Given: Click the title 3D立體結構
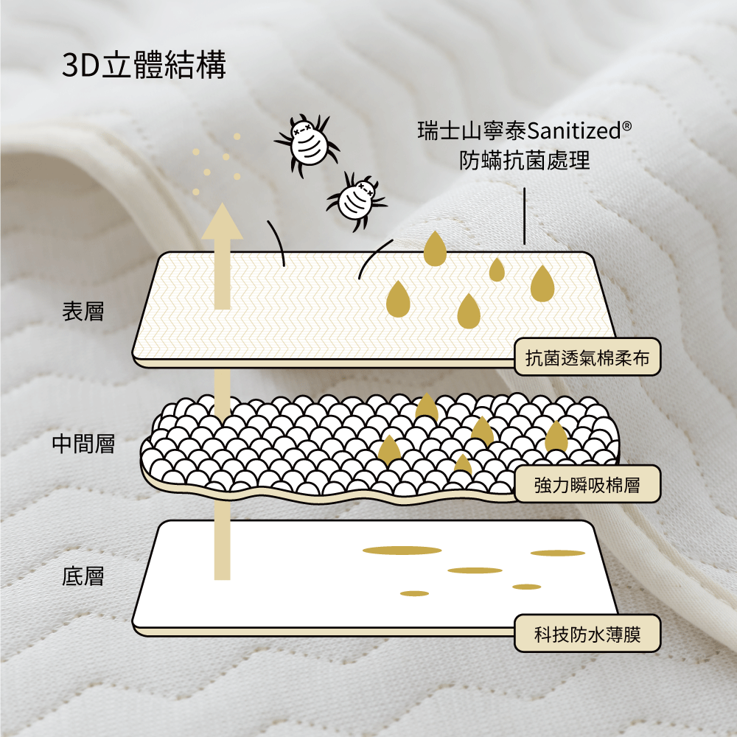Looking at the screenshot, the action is pos(144,66).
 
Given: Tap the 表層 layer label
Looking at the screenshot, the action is pos(83,312).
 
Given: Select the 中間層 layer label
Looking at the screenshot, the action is pos(83,444).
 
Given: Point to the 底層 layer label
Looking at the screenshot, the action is pos(83,576).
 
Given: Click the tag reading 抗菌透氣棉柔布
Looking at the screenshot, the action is pos(587,358).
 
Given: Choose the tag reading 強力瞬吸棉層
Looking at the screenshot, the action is pos(587,485).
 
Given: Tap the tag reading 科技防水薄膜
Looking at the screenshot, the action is pos(587,633).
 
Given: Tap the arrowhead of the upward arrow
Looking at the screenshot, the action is pos(223,223).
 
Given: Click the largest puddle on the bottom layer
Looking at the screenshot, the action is pos(402,550).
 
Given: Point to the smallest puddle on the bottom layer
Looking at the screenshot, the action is pos(414,593).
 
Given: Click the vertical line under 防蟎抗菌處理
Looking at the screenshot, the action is pos(525,215).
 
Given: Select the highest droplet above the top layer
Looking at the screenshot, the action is pos(435,248).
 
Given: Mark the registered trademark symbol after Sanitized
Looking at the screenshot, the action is pos(626,127).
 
